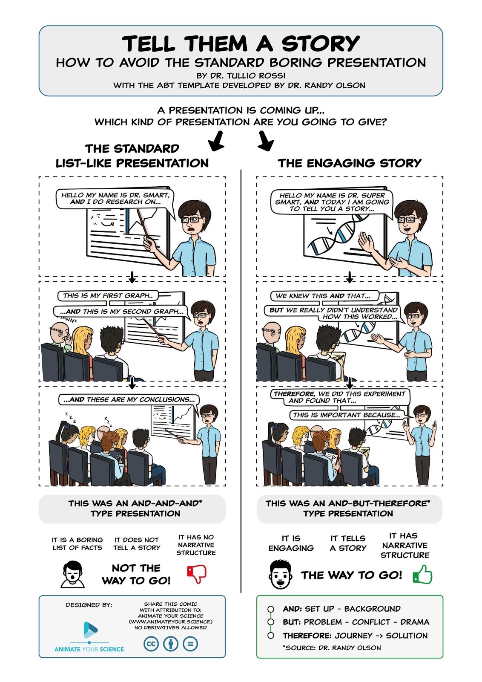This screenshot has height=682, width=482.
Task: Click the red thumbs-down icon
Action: tap(197, 574)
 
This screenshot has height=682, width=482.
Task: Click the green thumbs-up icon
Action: tap(422, 575)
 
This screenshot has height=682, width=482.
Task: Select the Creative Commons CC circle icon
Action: tap(151, 644)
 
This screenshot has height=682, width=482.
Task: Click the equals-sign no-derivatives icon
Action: tap(190, 644)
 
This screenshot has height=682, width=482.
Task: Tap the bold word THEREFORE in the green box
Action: tap(307, 636)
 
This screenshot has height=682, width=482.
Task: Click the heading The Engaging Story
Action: tap(349, 163)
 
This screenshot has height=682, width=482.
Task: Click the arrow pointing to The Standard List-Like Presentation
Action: tap(216, 142)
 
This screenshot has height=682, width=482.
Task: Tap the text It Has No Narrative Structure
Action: tap(196, 545)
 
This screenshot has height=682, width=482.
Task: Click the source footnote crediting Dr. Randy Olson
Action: tap(332, 647)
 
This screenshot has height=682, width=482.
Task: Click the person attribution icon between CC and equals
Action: tap(171, 644)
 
